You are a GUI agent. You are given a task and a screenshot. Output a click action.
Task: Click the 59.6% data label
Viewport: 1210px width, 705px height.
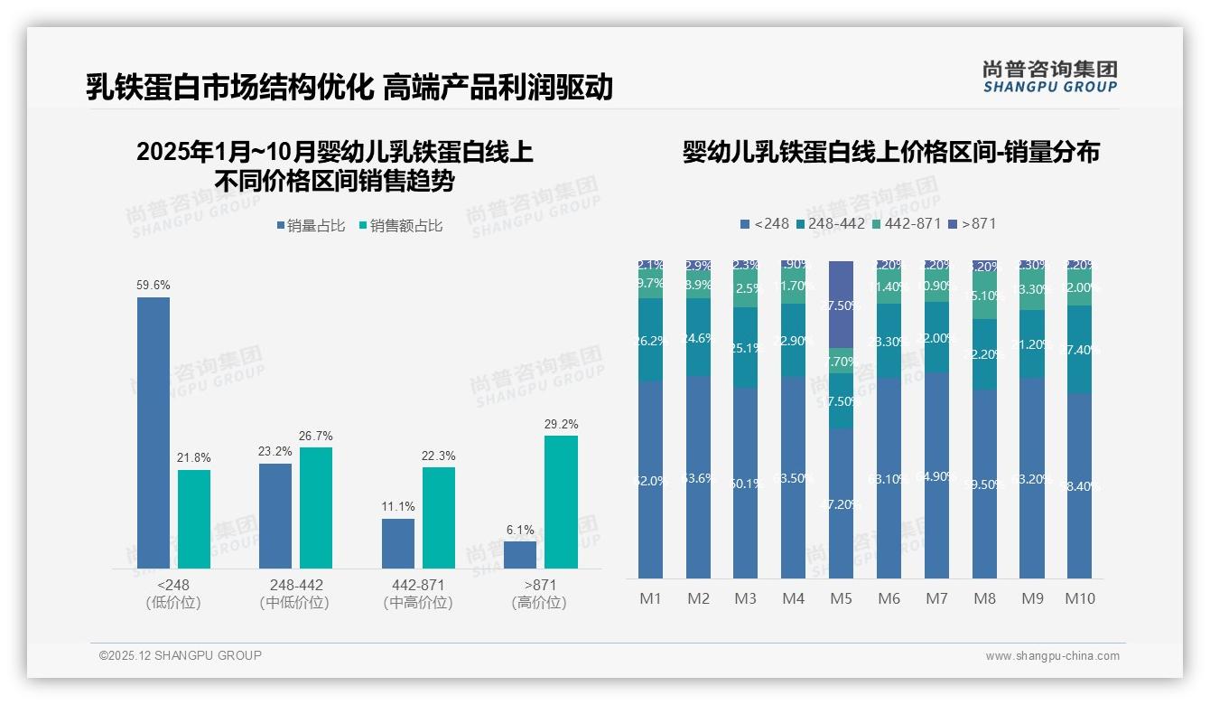point(154,285)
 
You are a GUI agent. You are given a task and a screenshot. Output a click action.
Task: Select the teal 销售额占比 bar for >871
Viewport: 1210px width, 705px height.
point(561,502)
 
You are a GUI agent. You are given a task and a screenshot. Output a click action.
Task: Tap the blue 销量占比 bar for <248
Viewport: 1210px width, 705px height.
point(154,432)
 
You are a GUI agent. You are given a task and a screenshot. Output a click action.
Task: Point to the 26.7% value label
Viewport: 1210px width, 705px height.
point(315,436)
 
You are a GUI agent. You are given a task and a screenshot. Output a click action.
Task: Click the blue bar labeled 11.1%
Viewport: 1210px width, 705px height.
point(398,543)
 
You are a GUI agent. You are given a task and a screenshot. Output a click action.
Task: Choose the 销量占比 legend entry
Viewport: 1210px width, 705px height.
point(311,226)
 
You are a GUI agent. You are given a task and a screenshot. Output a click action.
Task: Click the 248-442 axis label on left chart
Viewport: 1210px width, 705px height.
point(295,585)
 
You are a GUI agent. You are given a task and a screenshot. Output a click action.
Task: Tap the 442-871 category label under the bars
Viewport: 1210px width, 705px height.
point(417,585)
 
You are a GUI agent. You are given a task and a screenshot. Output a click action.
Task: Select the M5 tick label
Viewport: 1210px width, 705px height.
point(840,598)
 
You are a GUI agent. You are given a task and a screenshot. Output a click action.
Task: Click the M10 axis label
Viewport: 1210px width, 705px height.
point(1080,598)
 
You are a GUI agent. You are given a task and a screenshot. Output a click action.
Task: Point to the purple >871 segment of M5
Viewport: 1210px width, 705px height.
point(841,305)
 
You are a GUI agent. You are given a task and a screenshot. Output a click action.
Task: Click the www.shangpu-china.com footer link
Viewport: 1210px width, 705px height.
point(1052,656)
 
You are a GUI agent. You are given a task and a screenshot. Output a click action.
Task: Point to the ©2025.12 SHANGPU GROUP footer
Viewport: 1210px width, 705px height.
point(181,655)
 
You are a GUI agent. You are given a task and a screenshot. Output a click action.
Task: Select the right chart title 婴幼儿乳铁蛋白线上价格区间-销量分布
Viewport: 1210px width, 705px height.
point(890,152)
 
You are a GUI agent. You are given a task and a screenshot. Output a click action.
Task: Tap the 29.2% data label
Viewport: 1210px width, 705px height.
point(562,424)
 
